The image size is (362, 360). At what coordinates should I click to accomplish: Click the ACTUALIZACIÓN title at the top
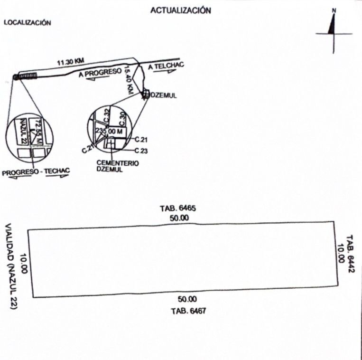[181, 10]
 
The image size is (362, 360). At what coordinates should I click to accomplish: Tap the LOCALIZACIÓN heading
[27, 22]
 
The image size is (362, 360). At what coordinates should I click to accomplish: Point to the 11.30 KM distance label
[71, 62]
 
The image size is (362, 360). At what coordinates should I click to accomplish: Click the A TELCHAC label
[166, 66]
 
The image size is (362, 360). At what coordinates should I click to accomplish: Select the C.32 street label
[107, 114]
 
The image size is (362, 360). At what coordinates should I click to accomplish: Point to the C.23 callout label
[142, 151]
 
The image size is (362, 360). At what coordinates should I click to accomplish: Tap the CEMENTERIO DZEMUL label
[117, 166]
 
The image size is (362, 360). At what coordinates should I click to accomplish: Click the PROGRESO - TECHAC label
[36, 173]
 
